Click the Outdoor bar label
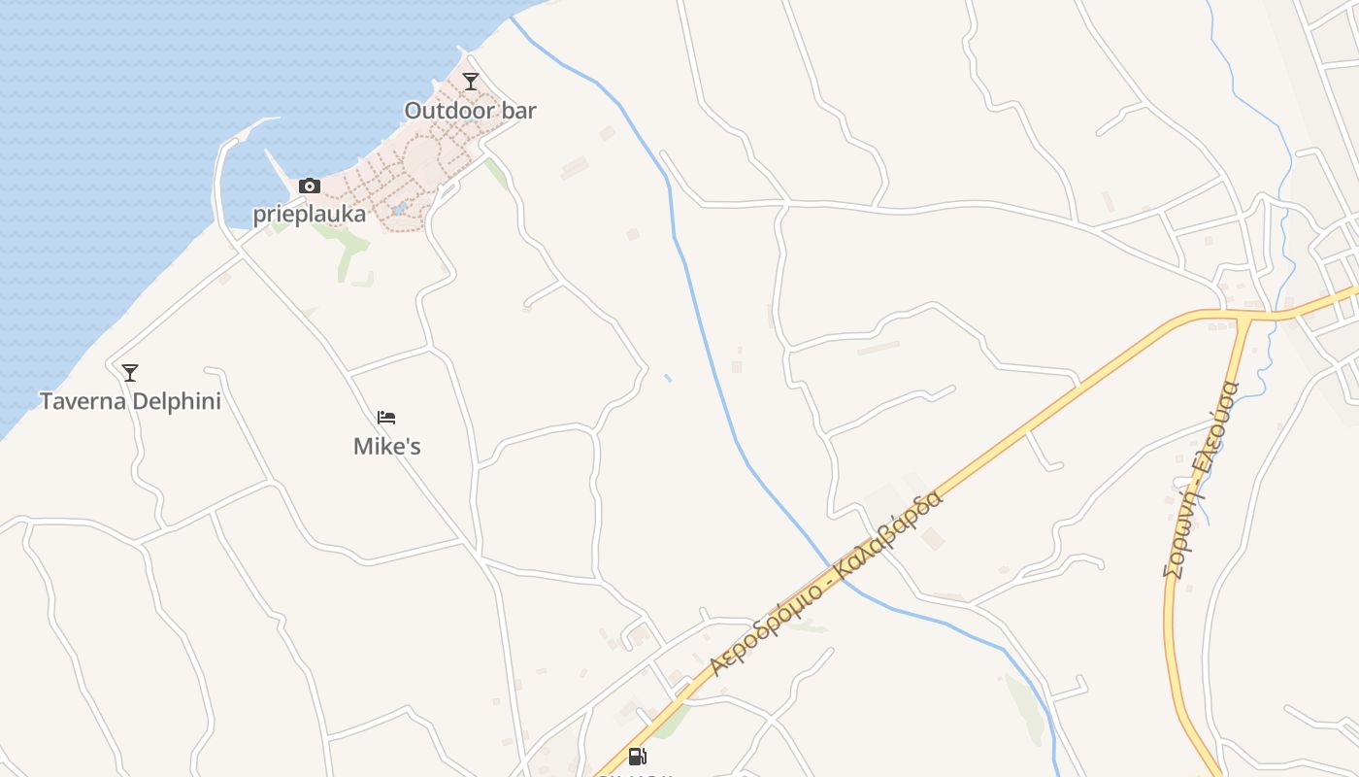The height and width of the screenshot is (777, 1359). point(470,111)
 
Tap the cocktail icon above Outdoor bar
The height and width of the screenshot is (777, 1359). point(471,81)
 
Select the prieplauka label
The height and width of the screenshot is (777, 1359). point(310,215)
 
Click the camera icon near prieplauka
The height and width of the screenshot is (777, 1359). point(310,186)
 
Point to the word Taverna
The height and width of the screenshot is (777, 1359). point(83,401)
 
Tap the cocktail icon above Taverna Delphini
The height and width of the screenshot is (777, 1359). point(129,372)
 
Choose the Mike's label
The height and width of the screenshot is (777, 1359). point(386,447)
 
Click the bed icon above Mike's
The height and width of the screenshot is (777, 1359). point(386,418)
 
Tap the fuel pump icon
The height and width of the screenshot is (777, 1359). point(637,757)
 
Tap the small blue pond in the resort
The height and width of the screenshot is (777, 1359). point(398,209)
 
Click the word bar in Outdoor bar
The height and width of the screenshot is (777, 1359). point(518,111)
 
